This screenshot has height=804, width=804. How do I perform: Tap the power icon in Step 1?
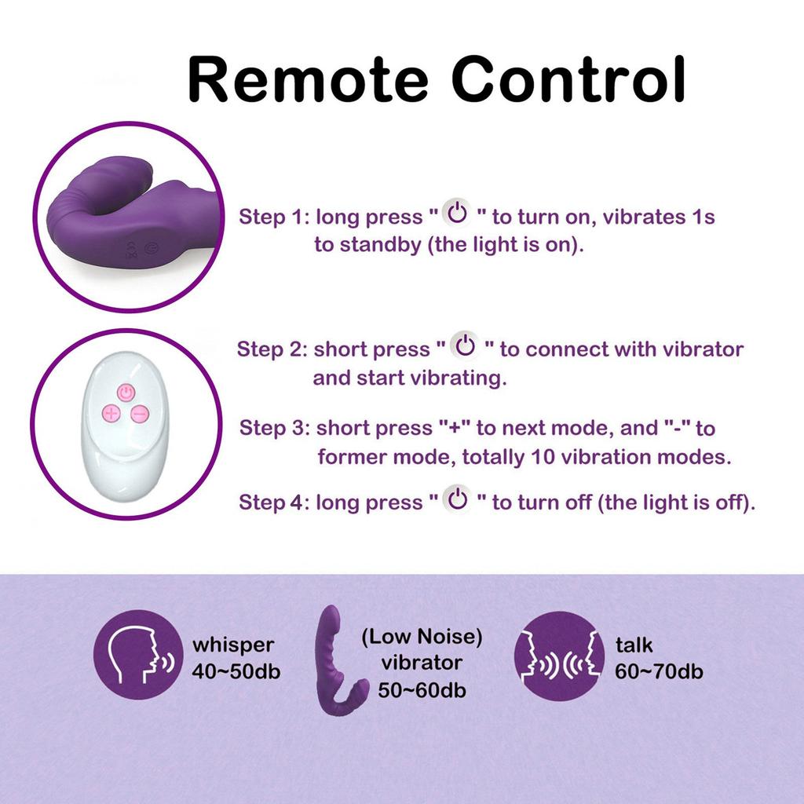pyautogui.click(x=457, y=213)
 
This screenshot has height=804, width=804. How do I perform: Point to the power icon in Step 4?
pyautogui.click(x=458, y=499)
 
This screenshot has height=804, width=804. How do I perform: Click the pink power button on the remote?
pyautogui.click(x=126, y=392)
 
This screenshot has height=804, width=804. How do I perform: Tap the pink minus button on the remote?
pyautogui.click(x=139, y=414)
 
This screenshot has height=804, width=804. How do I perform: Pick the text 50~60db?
pyautogui.click(x=422, y=691)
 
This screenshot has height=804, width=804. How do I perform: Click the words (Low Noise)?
pyautogui.click(x=422, y=636)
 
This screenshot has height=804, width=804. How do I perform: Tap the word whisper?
pyautogui.click(x=233, y=645)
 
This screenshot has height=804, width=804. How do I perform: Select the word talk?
pyautogui.click(x=634, y=645)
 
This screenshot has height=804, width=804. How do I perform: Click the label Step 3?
pyautogui.click(x=274, y=428)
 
